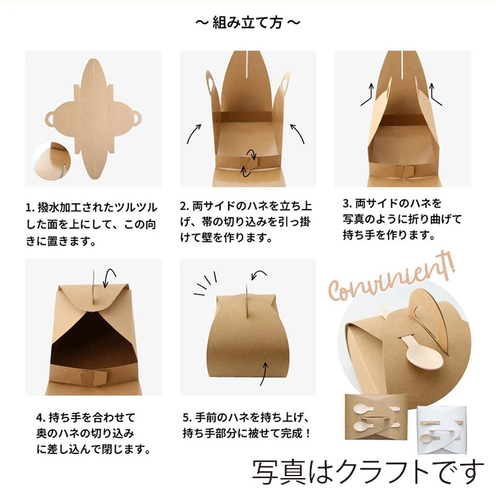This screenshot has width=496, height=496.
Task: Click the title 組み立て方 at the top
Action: pyautogui.click(x=248, y=23)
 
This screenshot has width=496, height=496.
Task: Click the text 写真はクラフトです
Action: pyautogui.click(x=367, y=472)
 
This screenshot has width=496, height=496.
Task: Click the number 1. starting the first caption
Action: pyautogui.click(x=29, y=206)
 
